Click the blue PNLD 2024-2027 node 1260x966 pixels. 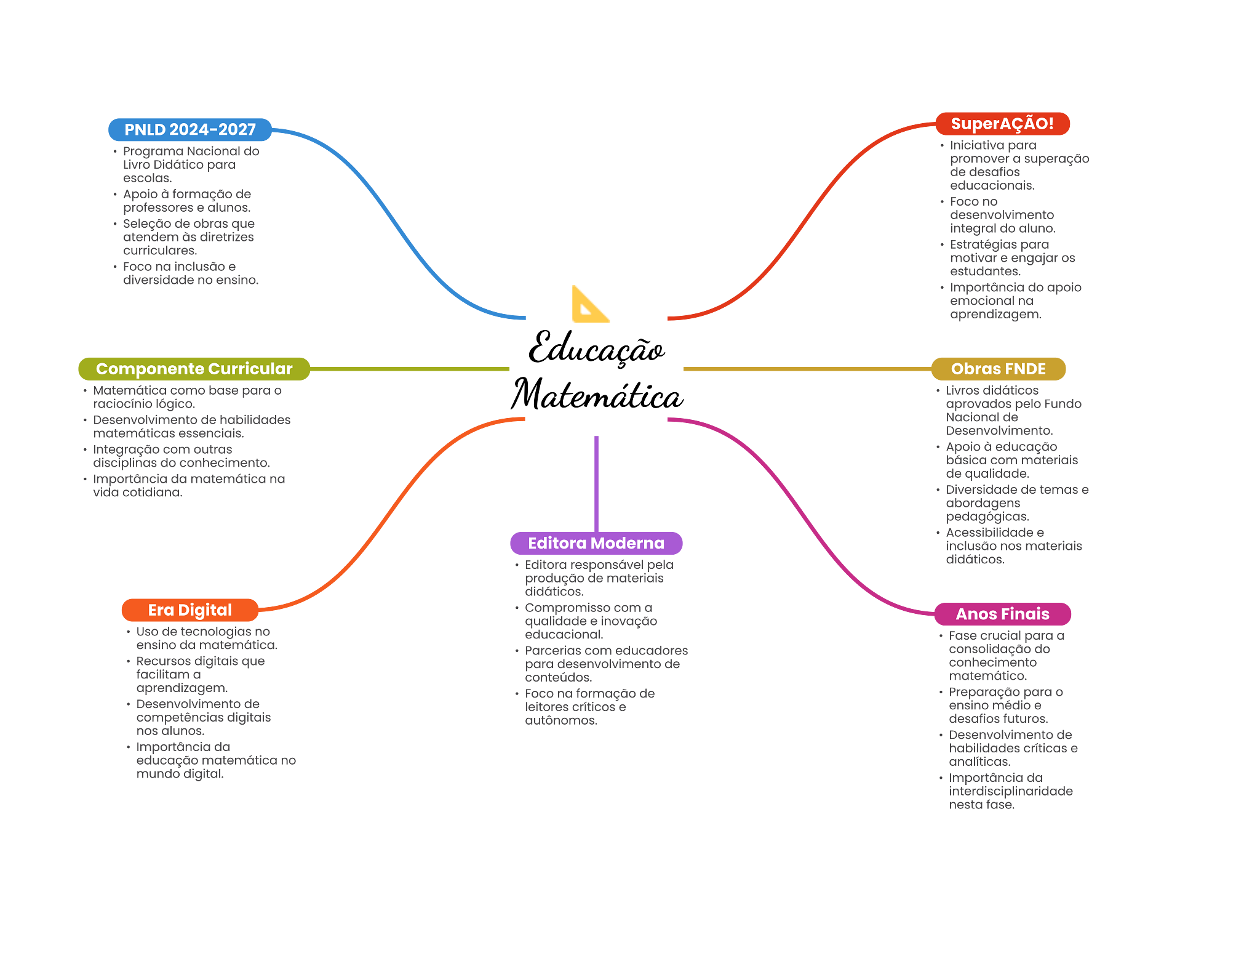point(190,130)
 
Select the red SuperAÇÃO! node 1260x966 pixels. point(1002,124)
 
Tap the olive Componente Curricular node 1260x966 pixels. point(194,369)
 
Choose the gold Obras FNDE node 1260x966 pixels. point(998,369)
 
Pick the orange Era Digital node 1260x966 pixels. point(190,610)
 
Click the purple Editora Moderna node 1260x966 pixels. point(596,543)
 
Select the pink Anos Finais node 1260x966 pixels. point(1002,614)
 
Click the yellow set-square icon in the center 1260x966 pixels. point(588,307)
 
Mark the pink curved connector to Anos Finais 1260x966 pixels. point(800,517)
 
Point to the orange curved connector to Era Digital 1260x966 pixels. point(394,511)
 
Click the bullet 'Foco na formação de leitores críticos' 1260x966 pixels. point(589,707)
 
